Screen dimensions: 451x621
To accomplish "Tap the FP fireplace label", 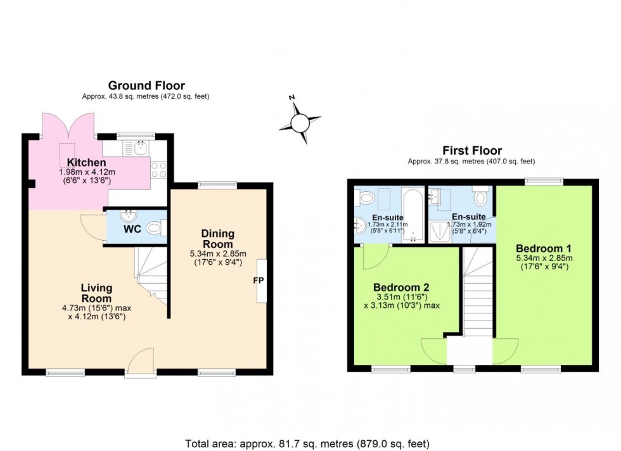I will (x=259, y=280).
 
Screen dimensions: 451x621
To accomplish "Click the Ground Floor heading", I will (x=146, y=86).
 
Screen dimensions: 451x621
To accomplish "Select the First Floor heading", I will (x=473, y=151).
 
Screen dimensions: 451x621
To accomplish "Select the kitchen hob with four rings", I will (x=158, y=169).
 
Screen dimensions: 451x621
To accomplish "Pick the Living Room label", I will (x=96, y=293).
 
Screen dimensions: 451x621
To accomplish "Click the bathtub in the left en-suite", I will (x=414, y=216).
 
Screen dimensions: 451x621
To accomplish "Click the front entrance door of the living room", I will (x=140, y=362).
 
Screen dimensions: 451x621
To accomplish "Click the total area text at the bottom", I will (x=310, y=443).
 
